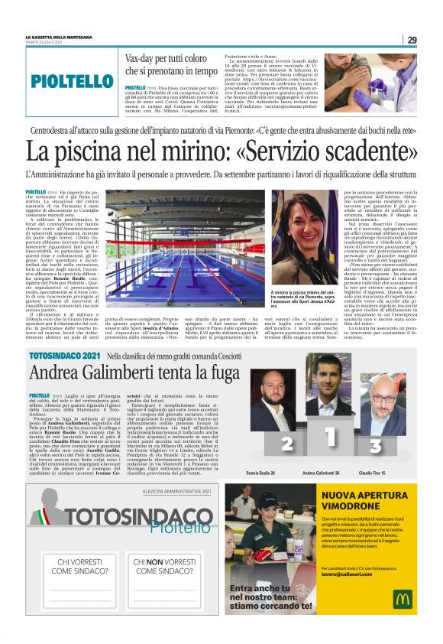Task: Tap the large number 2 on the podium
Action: click(267, 444)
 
